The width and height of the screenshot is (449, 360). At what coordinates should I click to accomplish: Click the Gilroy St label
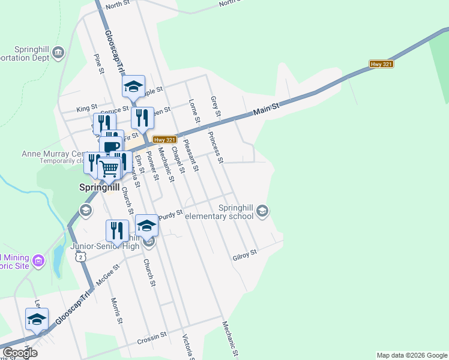(245, 256)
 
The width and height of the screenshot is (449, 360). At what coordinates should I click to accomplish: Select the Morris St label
(116, 311)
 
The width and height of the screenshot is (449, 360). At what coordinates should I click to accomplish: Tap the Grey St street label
(215, 106)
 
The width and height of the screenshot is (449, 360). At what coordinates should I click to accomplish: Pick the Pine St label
(99, 64)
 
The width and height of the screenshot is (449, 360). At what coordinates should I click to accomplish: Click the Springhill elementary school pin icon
(262, 211)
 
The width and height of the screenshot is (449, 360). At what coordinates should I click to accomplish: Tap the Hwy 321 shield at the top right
(381, 64)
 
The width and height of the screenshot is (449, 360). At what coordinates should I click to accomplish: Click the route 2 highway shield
(80, 256)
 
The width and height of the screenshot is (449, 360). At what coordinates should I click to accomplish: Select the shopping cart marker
(109, 169)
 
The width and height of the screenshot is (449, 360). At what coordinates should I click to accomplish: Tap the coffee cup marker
(111, 146)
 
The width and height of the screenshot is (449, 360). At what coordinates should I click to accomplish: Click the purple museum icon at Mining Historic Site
(39, 261)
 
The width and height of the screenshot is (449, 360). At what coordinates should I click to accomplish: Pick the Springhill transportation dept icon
(58, 54)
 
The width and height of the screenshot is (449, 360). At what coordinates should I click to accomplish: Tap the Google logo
(20, 353)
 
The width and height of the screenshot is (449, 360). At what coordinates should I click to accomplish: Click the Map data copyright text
(412, 355)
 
